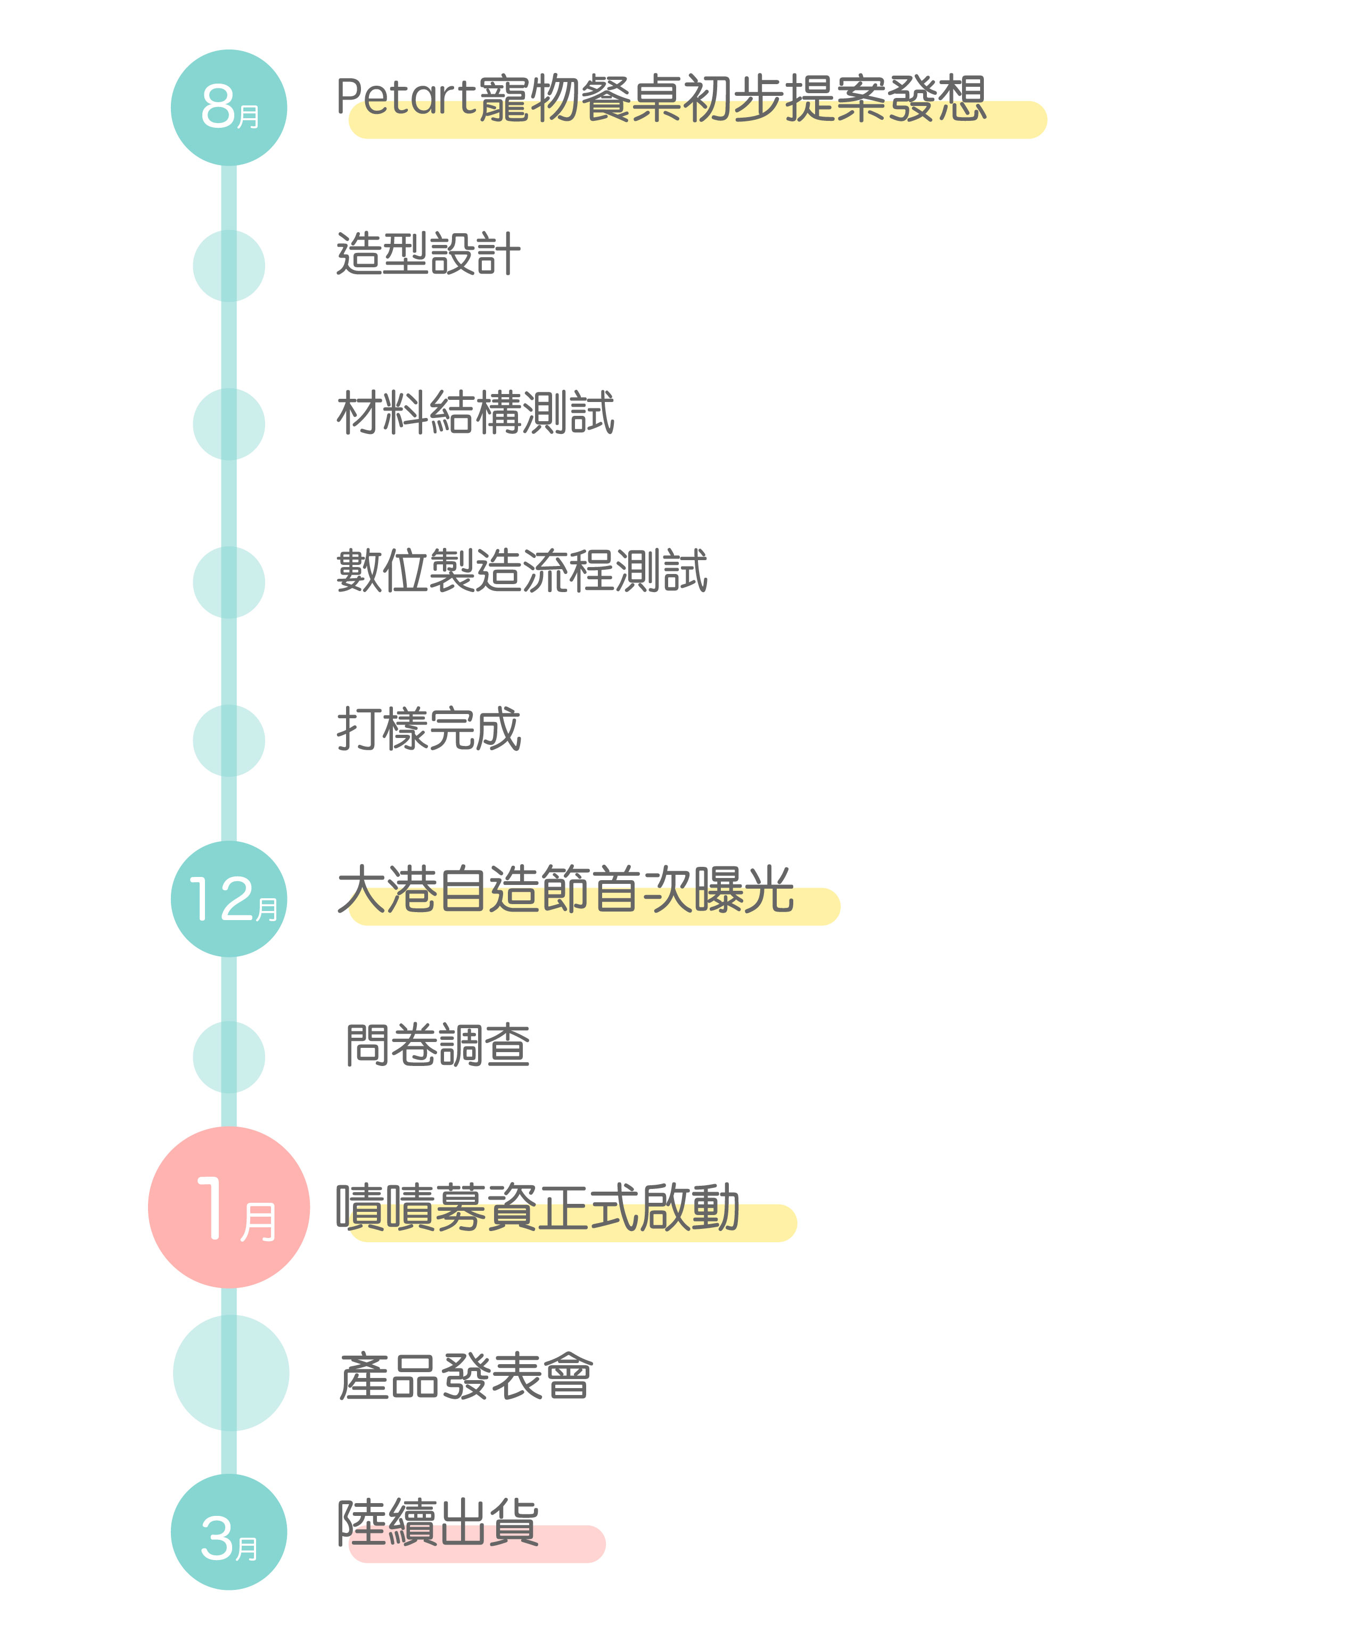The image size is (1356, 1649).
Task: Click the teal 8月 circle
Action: tap(229, 108)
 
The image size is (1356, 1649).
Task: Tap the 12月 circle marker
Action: tap(229, 899)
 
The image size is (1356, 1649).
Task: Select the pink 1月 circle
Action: tap(229, 1208)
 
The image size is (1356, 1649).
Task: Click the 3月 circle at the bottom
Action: tap(229, 1532)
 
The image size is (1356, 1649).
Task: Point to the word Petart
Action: tap(406, 97)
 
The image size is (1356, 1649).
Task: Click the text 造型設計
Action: tap(429, 254)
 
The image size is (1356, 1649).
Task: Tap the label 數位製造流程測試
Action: tap(522, 570)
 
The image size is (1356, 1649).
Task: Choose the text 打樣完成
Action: tap(429, 729)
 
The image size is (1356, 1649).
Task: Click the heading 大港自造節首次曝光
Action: tap(565, 889)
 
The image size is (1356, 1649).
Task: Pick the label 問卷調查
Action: tap(438, 1045)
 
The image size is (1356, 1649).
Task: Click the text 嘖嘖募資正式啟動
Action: tap(537, 1208)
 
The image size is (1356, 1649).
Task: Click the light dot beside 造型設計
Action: tap(229, 266)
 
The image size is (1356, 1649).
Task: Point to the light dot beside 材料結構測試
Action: tap(229, 424)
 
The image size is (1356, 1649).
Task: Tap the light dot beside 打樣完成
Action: tap(229, 741)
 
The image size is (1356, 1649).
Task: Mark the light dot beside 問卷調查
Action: tap(229, 1057)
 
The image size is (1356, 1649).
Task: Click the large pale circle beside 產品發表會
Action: tap(231, 1373)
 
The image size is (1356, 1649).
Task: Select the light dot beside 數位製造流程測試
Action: tap(229, 582)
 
